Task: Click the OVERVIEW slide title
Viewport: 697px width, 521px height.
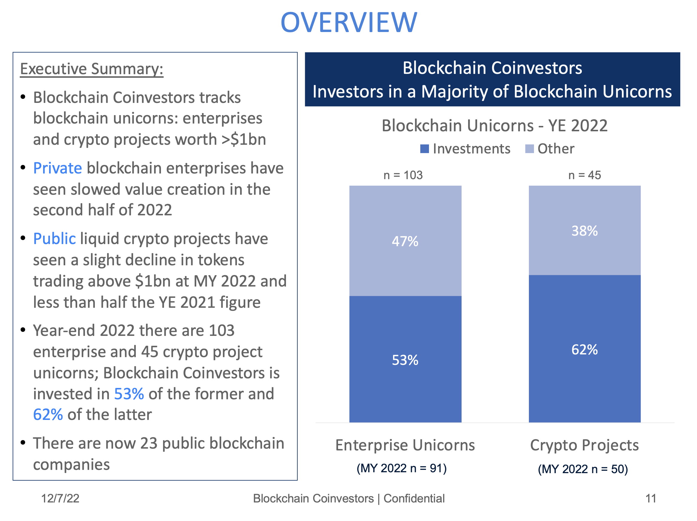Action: (x=348, y=23)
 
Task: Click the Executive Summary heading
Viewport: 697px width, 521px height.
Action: (x=92, y=69)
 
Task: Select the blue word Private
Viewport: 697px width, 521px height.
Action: (x=57, y=168)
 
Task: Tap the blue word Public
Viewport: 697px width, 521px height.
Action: (x=54, y=239)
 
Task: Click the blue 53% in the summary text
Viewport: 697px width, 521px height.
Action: (x=129, y=394)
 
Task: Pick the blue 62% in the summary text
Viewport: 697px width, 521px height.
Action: (x=48, y=415)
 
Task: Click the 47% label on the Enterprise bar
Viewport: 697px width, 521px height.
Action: (x=405, y=242)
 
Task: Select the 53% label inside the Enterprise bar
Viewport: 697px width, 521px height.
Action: (x=405, y=360)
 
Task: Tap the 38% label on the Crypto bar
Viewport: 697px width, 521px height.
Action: (x=585, y=231)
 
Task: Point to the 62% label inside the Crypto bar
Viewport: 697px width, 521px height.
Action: (x=585, y=350)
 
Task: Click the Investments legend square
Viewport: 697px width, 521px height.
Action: (x=424, y=149)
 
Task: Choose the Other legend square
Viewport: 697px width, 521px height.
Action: (x=529, y=149)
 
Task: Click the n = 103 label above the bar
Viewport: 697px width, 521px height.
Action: (x=403, y=175)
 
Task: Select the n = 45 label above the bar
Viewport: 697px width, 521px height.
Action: (x=585, y=175)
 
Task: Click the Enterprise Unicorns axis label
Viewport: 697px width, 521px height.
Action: (x=405, y=445)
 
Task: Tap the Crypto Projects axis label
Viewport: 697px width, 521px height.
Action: (x=585, y=445)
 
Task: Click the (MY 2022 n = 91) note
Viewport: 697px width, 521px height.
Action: (x=401, y=468)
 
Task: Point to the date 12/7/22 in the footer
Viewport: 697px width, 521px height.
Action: (x=60, y=499)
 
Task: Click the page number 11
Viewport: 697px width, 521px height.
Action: (x=651, y=499)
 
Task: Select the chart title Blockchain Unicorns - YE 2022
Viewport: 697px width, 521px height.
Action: (x=494, y=126)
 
